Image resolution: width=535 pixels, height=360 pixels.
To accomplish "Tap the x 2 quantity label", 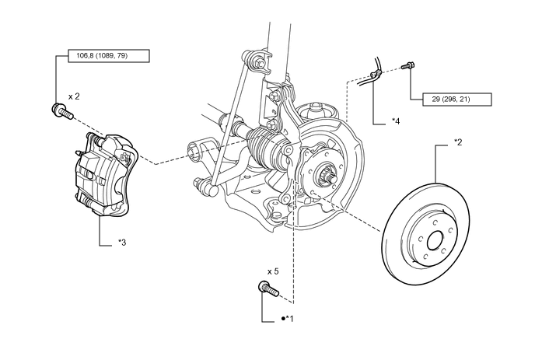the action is (x=74, y=96).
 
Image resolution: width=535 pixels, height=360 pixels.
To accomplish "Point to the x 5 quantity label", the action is (x=273, y=271).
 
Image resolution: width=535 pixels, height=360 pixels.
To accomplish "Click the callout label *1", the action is (x=290, y=318).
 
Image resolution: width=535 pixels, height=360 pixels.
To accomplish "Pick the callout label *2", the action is (x=458, y=142).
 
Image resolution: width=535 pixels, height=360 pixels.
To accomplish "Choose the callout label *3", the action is (x=122, y=243).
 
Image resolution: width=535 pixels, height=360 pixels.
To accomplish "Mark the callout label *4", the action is (x=396, y=121).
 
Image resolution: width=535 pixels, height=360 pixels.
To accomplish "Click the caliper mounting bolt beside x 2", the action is (x=62, y=110).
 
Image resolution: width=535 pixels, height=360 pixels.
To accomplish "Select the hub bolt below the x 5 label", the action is (x=269, y=289).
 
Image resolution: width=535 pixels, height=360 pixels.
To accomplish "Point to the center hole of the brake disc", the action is (x=435, y=240).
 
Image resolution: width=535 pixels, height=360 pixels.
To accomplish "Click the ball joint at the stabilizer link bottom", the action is (x=213, y=190).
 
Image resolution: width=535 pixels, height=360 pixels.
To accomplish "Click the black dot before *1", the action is (x=283, y=318).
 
